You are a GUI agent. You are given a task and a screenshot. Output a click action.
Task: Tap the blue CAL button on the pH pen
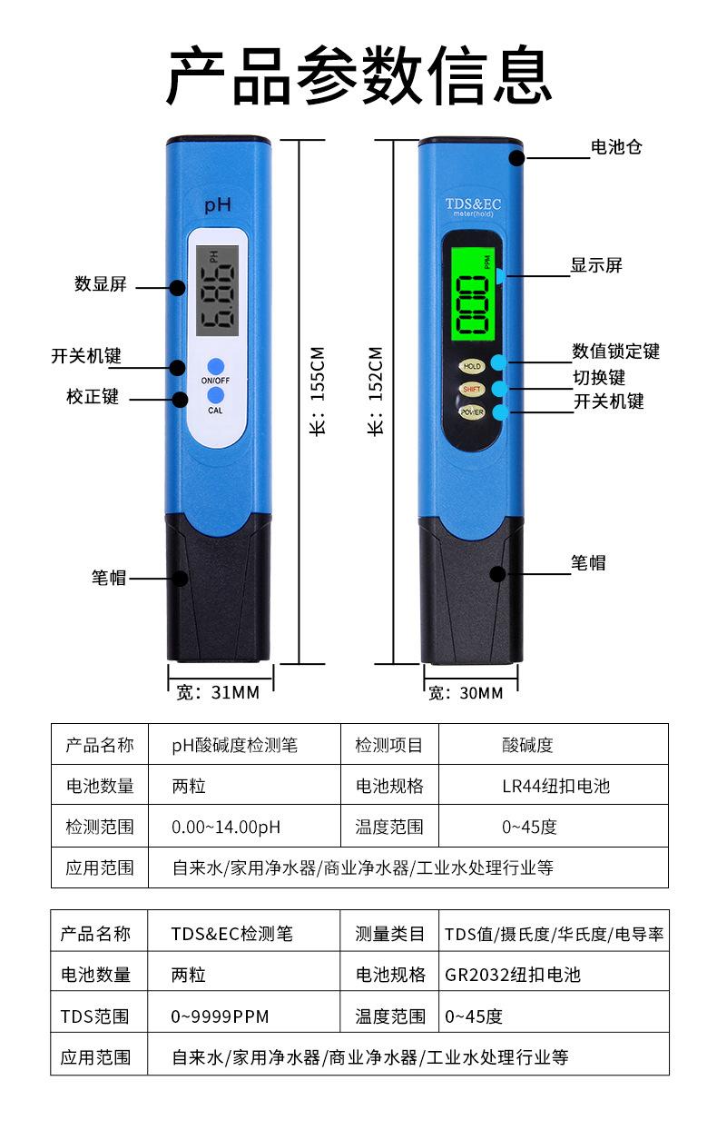click(x=215, y=395)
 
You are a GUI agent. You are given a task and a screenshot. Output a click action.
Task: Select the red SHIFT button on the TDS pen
click(x=472, y=389)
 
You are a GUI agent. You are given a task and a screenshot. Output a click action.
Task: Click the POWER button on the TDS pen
click(x=472, y=411)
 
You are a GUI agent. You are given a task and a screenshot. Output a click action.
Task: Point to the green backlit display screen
click(x=473, y=295)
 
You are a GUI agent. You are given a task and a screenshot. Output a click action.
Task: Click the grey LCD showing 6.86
click(x=217, y=290)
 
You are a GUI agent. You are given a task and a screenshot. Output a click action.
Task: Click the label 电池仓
click(x=616, y=146)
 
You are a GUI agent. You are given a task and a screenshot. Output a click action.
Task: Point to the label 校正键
click(x=93, y=397)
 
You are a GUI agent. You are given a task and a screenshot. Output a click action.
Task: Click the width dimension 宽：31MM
click(x=218, y=693)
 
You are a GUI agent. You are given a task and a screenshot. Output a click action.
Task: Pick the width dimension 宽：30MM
click(x=466, y=693)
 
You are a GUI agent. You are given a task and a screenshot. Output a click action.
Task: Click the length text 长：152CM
click(x=376, y=391)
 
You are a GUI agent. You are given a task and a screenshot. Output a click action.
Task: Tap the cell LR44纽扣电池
click(x=555, y=786)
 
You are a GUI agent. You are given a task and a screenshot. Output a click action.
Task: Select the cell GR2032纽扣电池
click(x=512, y=975)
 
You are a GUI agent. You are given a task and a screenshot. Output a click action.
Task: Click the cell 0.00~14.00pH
click(x=226, y=828)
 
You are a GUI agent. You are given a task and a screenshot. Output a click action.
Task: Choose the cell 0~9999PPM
click(x=220, y=1016)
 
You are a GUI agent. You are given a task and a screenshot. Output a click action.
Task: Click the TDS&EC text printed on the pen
click(x=472, y=204)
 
